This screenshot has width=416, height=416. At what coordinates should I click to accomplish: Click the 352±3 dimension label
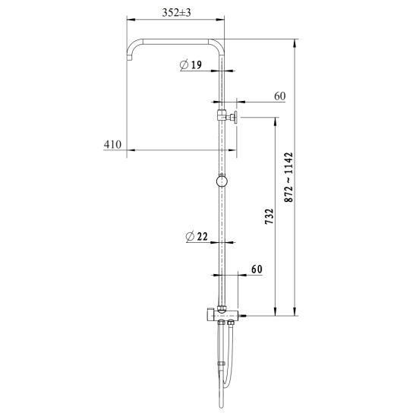176,12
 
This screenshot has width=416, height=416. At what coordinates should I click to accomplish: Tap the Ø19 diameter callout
191,65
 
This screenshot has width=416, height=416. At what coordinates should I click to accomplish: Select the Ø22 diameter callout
197,236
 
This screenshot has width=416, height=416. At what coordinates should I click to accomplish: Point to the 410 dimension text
112,144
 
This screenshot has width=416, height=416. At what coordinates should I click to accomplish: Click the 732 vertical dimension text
269,216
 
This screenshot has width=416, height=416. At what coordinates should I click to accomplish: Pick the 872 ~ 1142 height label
288,177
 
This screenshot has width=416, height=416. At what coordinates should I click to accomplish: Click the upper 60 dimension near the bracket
280,96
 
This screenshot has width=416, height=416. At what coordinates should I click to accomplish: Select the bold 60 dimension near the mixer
257,269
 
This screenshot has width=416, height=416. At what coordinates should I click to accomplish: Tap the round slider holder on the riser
222,181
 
